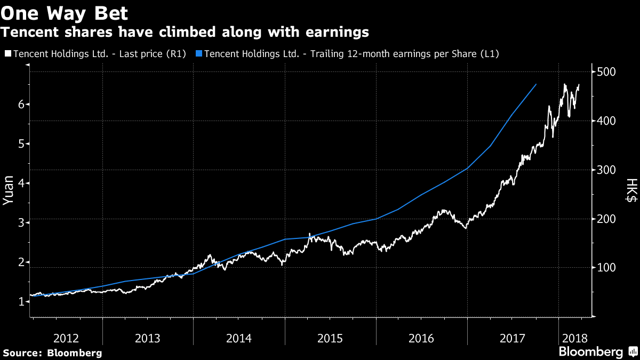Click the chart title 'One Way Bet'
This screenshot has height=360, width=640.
[x=63, y=12]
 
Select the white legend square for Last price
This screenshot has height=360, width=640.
[x=8, y=54]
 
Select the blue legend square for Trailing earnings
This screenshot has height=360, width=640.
[x=199, y=54]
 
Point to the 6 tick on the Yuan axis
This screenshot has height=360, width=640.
[x=21, y=105]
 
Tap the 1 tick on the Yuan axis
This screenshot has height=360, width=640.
[x=21, y=302]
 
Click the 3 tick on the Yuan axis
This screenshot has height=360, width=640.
[x=21, y=223]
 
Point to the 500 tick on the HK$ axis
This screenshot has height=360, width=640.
[x=606, y=72]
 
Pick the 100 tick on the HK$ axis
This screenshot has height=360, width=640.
[x=606, y=268]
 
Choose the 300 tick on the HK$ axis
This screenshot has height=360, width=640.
[x=606, y=170]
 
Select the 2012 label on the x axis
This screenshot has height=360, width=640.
[x=67, y=338]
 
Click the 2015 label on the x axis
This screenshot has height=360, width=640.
[x=330, y=338]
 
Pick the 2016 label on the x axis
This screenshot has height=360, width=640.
[x=421, y=338]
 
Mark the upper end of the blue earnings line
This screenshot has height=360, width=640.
[x=536, y=84]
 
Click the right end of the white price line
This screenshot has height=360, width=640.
[x=580, y=84]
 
